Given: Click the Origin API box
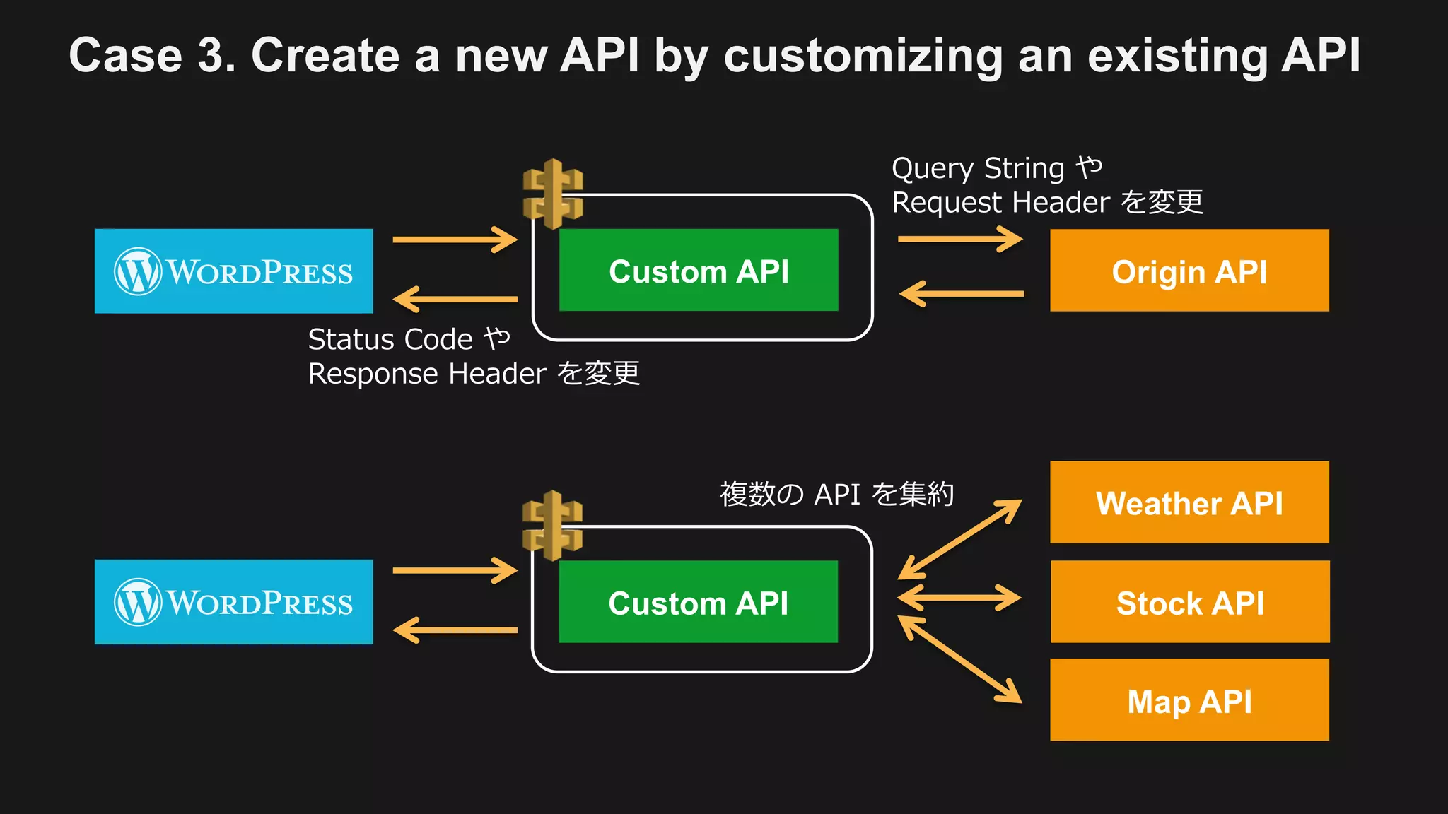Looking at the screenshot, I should [1189, 271].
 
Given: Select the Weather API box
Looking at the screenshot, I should [1189, 502].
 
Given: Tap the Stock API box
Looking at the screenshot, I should [1189, 602].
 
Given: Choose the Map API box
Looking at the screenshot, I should [1189, 700].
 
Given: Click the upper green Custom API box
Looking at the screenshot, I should [699, 271].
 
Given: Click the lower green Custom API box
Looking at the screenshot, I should [699, 602].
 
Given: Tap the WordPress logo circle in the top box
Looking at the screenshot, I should [138, 271].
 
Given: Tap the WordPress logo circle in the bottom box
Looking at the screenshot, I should [138, 602].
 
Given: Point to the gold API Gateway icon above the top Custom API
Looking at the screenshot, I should [553, 194].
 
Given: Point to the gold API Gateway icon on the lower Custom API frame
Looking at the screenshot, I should [553, 525].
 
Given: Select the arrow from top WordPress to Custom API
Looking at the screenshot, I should [455, 240].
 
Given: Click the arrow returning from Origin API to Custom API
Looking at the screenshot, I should [962, 293].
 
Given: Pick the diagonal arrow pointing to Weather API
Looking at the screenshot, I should [960, 538].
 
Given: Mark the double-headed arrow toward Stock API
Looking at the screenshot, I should [959, 598].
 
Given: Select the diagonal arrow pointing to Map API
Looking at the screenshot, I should [960, 659].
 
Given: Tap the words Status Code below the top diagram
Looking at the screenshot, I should [390, 340].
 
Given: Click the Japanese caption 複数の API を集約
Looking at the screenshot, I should [836, 494].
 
